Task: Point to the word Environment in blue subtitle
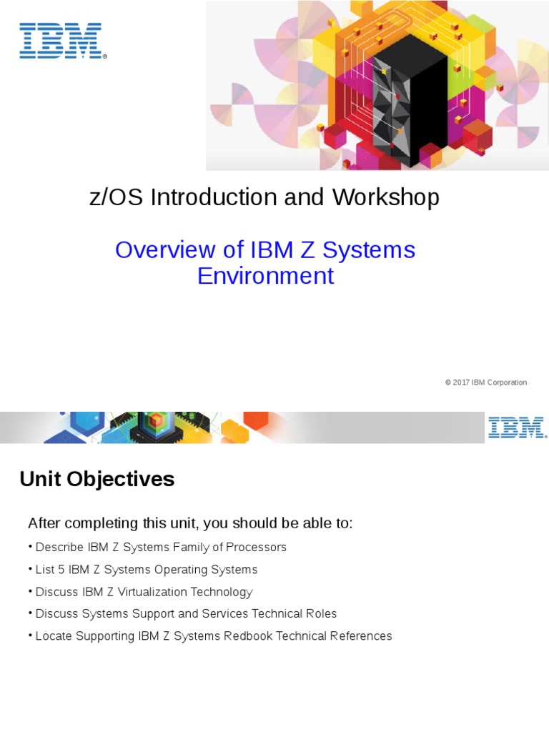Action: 265,276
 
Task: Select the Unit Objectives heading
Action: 97,479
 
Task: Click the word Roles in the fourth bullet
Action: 321,614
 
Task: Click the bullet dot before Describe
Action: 31,548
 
